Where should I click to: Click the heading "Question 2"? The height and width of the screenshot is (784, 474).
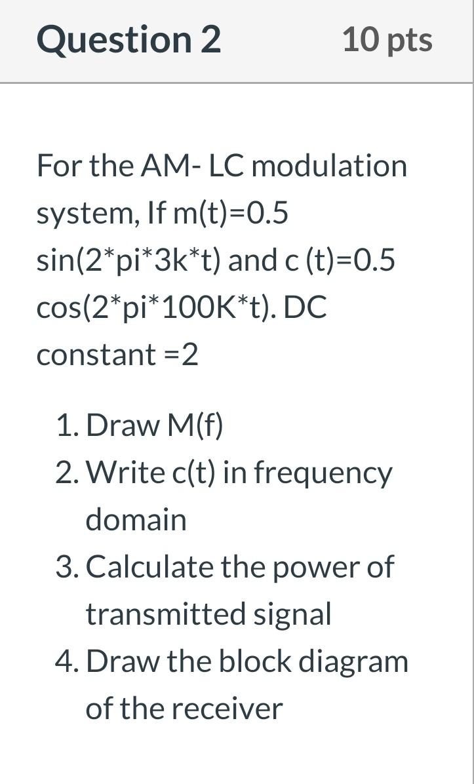[128, 40]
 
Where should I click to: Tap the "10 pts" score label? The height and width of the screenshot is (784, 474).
[387, 40]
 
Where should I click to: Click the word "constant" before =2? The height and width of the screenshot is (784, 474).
[96, 355]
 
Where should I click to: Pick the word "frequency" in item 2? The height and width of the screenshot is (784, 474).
[323, 473]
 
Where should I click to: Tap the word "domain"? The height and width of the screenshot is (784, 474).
[136, 520]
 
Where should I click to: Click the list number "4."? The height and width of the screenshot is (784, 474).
[68, 661]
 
